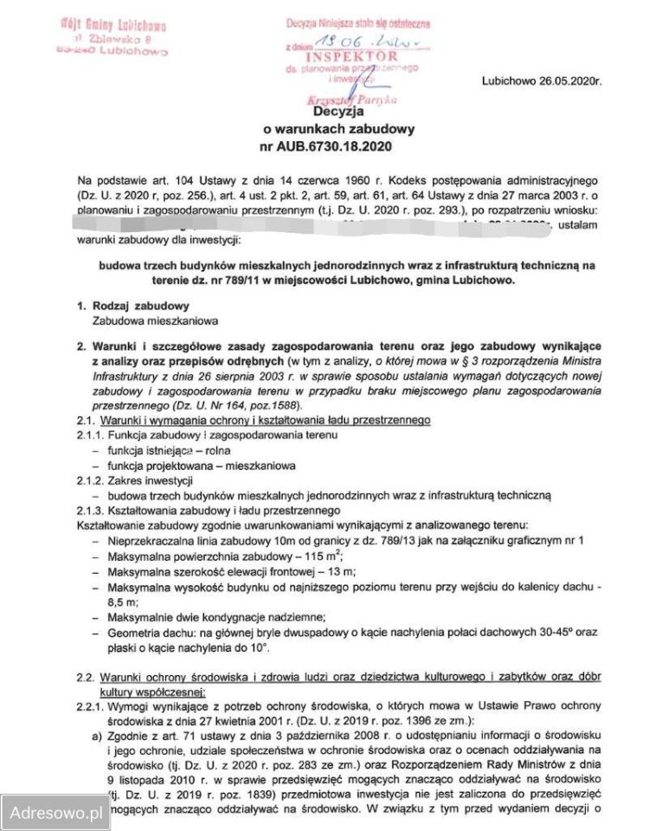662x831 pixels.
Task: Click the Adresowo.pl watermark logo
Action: click(55, 813)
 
